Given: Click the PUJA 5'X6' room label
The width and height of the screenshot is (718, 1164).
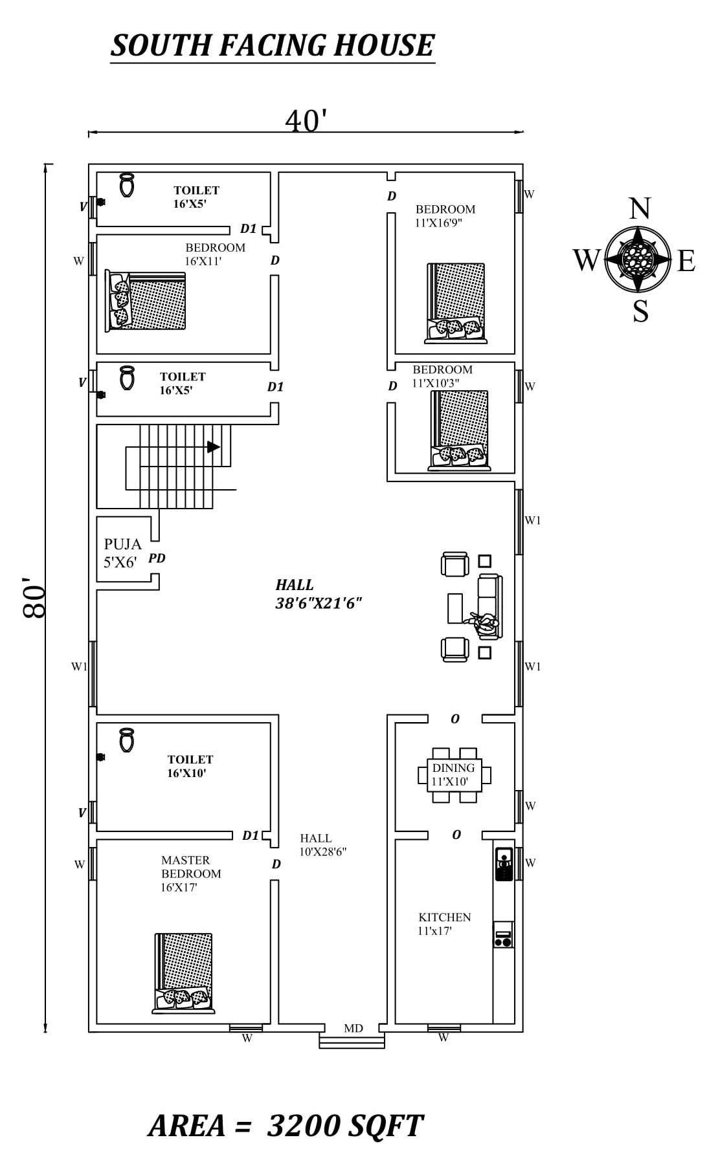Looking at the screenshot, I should (x=122, y=553).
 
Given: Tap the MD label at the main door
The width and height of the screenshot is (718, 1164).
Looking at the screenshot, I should (x=353, y=1028).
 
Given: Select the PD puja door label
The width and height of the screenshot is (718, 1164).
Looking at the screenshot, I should (x=157, y=558).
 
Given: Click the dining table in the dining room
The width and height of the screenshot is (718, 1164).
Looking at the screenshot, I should (x=453, y=774).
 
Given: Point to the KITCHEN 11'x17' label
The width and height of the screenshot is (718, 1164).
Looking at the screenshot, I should (x=443, y=924).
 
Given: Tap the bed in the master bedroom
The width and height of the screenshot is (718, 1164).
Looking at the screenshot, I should (x=184, y=972).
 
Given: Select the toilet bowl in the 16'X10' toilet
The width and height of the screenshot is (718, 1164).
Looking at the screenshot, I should (x=126, y=740).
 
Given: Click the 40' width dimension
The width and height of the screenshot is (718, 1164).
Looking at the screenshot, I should (x=306, y=120).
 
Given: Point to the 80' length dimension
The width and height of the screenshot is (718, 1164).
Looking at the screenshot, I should (x=34, y=597).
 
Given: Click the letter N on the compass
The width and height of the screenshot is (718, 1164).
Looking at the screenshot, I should (x=640, y=209).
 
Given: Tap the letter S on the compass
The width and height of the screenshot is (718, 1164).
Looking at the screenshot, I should (x=640, y=311).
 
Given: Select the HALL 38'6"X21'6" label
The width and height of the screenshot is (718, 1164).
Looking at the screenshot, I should (x=318, y=594).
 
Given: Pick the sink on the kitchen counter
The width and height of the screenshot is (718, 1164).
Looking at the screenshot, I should (x=504, y=863).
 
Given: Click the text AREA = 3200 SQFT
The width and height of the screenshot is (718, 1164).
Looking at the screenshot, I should (x=286, y=1126).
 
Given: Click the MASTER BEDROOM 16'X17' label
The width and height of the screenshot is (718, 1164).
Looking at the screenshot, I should (x=191, y=873).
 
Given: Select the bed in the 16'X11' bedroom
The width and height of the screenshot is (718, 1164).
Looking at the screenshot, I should (x=146, y=301).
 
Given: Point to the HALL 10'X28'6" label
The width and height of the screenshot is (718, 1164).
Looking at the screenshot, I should (x=322, y=845).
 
